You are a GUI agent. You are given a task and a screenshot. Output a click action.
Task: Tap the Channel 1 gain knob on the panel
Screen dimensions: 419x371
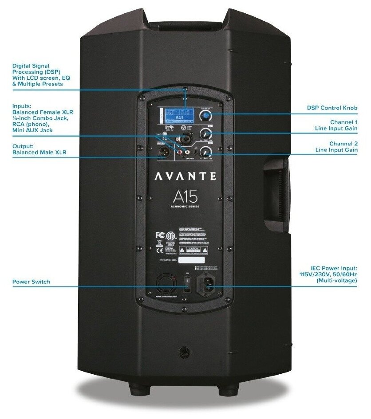coord(205,133)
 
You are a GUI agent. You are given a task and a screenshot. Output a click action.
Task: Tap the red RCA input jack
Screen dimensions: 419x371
coord(182,151)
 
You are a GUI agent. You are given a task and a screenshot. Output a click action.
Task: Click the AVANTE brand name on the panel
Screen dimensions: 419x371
coord(185,176)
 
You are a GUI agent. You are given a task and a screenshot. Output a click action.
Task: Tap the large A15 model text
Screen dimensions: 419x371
coord(185,196)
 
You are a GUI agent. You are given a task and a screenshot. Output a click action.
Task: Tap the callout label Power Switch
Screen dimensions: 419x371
coord(31,282)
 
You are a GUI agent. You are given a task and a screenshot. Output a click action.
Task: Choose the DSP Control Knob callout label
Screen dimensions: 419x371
coord(332,108)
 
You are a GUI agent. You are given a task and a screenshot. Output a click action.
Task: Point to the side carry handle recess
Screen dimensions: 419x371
coord(276,191)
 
